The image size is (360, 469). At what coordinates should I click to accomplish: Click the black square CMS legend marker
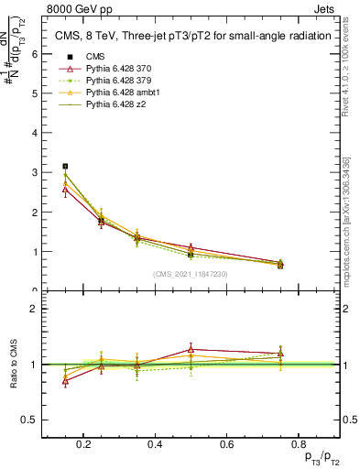pyautogui.click(x=65, y=58)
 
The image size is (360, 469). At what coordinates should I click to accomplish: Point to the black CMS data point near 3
pyautogui.click(x=65, y=166)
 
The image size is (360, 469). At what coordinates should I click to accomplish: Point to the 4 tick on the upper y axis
pyautogui.click(x=34, y=133)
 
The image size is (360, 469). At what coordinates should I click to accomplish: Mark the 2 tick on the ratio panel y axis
pyautogui.click(x=34, y=309)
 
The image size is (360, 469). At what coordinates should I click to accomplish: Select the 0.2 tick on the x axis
pyautogui.click(x=84, y=444)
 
